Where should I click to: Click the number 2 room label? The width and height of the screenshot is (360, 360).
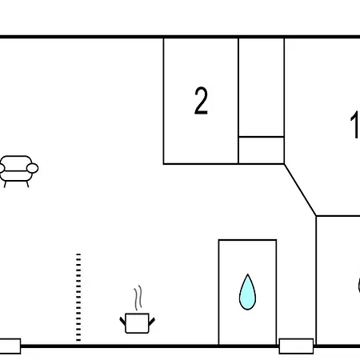(201, 101)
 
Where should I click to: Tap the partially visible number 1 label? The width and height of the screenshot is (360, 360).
(355, 125)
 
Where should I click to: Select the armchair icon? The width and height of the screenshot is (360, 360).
(18, 171)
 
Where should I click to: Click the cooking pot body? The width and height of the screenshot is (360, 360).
(137, 323)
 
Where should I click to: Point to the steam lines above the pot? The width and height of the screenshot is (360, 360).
(138, 298)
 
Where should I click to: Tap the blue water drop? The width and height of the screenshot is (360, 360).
(247, 292)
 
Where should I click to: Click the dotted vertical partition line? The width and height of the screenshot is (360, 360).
(78, 298)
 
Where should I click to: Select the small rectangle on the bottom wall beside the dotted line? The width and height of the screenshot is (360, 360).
(10, 346)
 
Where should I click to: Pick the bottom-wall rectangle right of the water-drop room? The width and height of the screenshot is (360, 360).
(296, 346)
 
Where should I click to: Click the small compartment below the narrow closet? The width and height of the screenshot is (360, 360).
(262, 150)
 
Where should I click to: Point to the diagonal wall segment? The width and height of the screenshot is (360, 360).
(300, 190)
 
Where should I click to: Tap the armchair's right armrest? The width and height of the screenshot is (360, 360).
(33, 168)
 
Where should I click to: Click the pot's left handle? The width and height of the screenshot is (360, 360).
(122, 322)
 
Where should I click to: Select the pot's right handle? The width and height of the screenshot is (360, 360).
(151, 322)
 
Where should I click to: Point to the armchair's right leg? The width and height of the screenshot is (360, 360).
(27, 184)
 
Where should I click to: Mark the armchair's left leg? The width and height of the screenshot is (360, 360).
(5, 184)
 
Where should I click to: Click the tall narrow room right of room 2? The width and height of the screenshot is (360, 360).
(262, 87)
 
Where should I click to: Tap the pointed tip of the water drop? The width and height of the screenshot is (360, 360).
(248, 274)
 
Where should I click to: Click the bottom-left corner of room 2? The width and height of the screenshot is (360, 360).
(164, 163)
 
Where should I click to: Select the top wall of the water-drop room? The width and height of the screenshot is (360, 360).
(247, 240)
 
